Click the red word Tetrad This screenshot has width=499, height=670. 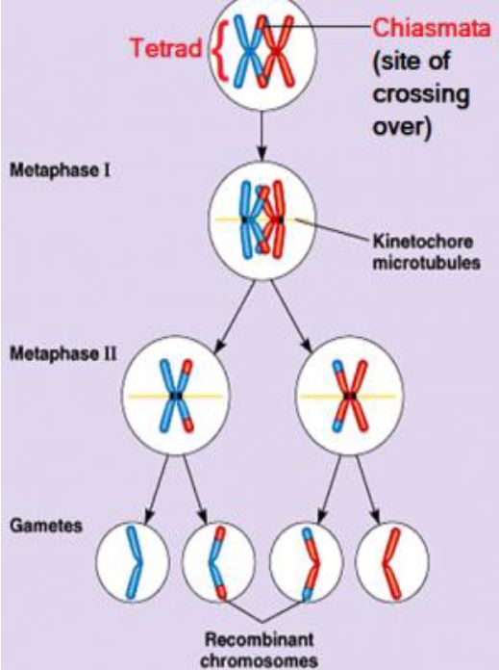coord(165,47)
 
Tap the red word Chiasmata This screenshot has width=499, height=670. coord(431,28)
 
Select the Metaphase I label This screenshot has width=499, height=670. coord(61,170)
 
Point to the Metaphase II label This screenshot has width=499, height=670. coord(62,354)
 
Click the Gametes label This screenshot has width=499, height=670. coord(46,526)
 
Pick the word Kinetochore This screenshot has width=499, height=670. coord(423,242)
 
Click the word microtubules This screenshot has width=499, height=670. coord(427,263)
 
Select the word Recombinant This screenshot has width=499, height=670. coord(259,639)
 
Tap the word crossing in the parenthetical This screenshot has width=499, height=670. coord(421,94)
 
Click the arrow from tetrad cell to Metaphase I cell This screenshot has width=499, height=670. coord(262,136)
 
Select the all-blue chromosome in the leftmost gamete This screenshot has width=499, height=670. coord(134,562)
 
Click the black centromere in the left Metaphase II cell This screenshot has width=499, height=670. coord(175,396)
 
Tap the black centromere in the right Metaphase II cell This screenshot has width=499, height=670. coord(351,396)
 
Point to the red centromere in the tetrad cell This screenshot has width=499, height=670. coord(277,51)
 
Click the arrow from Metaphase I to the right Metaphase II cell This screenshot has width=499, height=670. coord(290,317)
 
